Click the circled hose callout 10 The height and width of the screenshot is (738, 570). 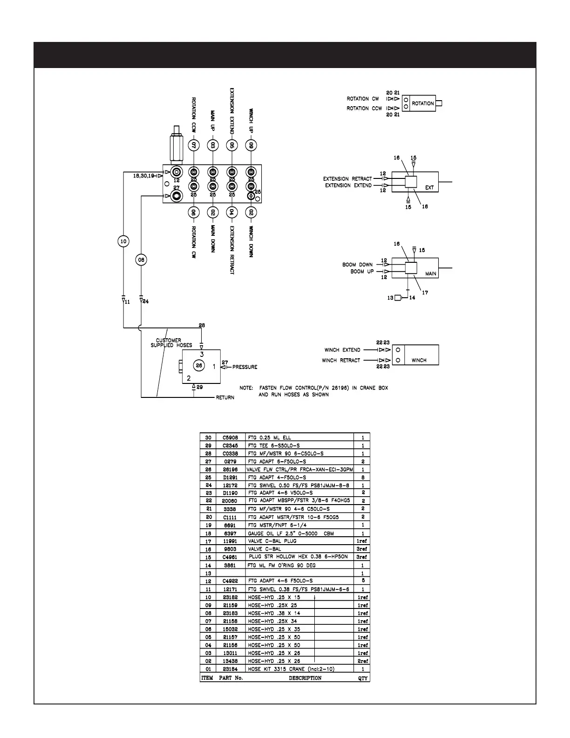[123, 241]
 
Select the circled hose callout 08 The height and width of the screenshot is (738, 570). [141, 260]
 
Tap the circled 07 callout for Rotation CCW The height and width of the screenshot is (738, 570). [194, 145]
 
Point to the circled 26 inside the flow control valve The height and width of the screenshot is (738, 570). [199, 366]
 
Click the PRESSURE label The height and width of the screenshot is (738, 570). [244, 367]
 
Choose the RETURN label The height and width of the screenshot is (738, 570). [225, 397]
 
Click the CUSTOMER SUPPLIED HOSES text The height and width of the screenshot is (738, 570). [171, 343]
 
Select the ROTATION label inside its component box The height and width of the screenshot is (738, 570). [422, 103]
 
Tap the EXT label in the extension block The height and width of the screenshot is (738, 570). [429, 188]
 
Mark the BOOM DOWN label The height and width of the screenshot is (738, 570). [357, 265]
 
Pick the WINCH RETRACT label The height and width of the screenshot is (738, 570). [341, 361]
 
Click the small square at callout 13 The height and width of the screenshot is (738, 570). [398, 298]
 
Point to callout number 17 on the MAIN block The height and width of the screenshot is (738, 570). [425, 293]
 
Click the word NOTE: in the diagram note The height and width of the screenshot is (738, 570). [246, 388]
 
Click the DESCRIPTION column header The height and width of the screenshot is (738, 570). [305, 678]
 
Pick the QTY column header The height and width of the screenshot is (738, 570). [362, 678]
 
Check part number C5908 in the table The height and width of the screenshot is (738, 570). [231, 437]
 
